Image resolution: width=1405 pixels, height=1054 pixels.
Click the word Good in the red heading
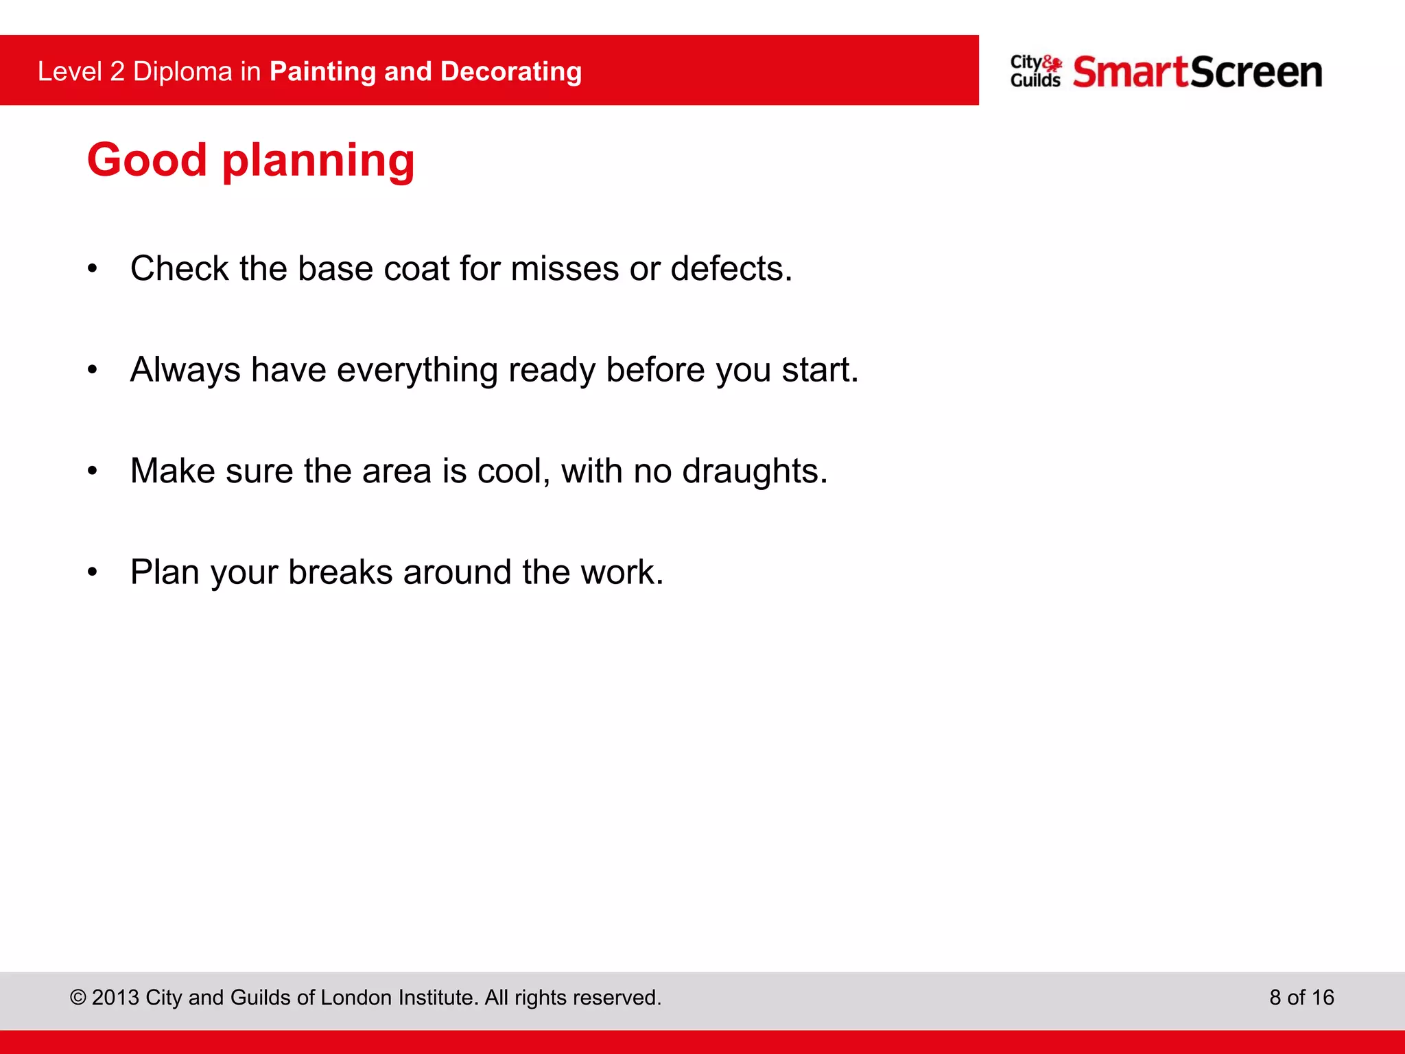point(147,160)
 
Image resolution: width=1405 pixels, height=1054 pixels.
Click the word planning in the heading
point(318,162)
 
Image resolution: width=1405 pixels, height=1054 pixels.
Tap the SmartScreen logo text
point(1197,73)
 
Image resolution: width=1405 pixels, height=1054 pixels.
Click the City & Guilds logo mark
point(1035,71)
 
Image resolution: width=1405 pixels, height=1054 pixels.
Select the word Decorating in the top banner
point(511,71)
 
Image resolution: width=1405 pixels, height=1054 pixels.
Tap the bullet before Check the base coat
point(93,269)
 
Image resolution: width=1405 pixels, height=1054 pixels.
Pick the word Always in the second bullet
point(185,370)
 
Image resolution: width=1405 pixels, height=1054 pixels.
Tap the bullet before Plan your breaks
point(93,572)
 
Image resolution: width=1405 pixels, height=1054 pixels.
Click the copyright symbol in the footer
point(78,997)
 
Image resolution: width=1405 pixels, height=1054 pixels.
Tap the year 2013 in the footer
point(116,997)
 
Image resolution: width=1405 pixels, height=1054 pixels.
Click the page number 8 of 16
point(1301,997)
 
